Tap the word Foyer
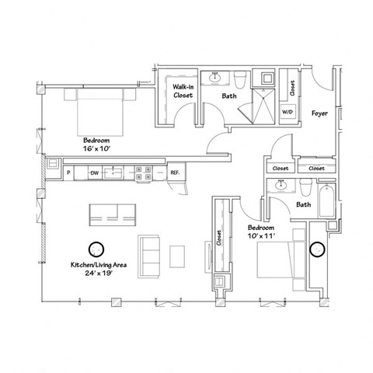pos(319,113)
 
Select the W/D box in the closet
pos(288,112)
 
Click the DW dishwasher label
pos(93,173)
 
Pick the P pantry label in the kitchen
pos(68,173)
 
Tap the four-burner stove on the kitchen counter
pos(143,173)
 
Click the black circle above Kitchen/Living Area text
pos(96,249)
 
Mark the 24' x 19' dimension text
pos(97,274)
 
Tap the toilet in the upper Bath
pos(240,80)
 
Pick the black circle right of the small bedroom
pos(317,250)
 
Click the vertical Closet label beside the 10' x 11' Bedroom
pos(220,242)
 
